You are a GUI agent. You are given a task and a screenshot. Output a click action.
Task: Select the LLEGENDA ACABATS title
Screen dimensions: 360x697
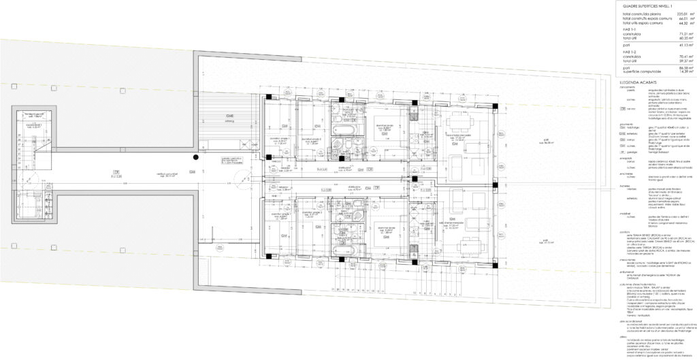click(x=633, y=80)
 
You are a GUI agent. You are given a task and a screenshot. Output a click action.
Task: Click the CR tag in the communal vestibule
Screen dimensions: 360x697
click(x=116, y=172)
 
